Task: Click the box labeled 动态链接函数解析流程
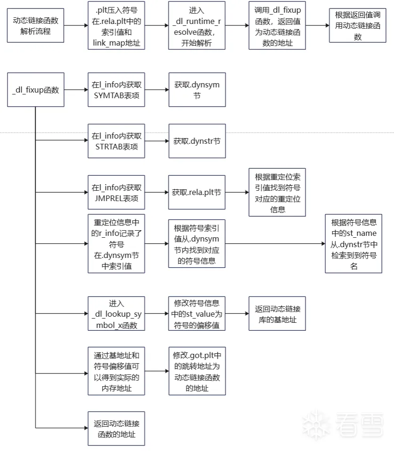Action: point(36,26)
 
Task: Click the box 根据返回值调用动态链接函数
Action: point(357,26)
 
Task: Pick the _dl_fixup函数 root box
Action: point(36,90)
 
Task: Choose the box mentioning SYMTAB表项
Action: point(116,90)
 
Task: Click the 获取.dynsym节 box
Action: point(197,90)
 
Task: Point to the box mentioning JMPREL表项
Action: point(116,192)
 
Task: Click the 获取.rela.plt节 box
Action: point(197,192)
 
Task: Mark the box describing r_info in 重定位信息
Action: point(116,243)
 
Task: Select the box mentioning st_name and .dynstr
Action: point(354,243)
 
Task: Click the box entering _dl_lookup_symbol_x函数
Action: point(116,313)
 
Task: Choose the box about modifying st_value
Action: point(197,313)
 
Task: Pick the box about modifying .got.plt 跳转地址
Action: point(197,371)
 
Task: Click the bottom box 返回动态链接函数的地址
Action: point(116,428)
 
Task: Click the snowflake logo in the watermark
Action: point(316,425)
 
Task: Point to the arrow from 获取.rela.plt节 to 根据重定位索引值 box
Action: point(237,192)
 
